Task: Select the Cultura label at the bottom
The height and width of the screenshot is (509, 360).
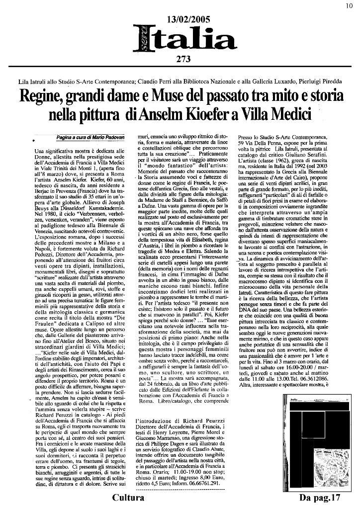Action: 128,498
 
